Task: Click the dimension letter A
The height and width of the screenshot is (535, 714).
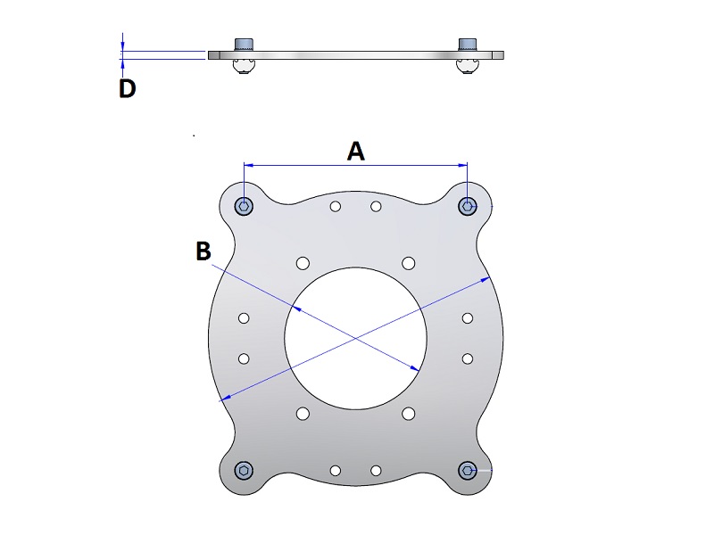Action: (x=355, y=152)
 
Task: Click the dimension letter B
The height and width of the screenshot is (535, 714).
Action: (x=203, y=251)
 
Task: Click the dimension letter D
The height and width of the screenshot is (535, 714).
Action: (x=128, y=88)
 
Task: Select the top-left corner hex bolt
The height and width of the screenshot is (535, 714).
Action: (x=244, y=207)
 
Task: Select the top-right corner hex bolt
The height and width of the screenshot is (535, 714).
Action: (x=468, y=207)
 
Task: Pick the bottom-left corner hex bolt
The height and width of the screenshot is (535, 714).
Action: (x=244, y=470)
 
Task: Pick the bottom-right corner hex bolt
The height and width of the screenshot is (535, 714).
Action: (x=468, y=470)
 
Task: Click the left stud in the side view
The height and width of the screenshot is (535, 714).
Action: (x=244, y=45)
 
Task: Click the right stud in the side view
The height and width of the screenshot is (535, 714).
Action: (x=468, y=45)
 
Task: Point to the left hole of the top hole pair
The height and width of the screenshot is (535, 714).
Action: (x=335, y=207)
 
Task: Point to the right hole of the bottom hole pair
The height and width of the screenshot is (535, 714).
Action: (x=377, y=470)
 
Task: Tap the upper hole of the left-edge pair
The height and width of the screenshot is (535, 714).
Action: (x=244, y=317)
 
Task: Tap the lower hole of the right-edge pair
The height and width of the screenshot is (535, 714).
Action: (x=468, y=358)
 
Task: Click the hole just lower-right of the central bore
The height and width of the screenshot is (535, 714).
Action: (x=409, y=414)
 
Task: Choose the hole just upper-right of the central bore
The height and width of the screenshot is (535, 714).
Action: (x=409, y=262)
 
